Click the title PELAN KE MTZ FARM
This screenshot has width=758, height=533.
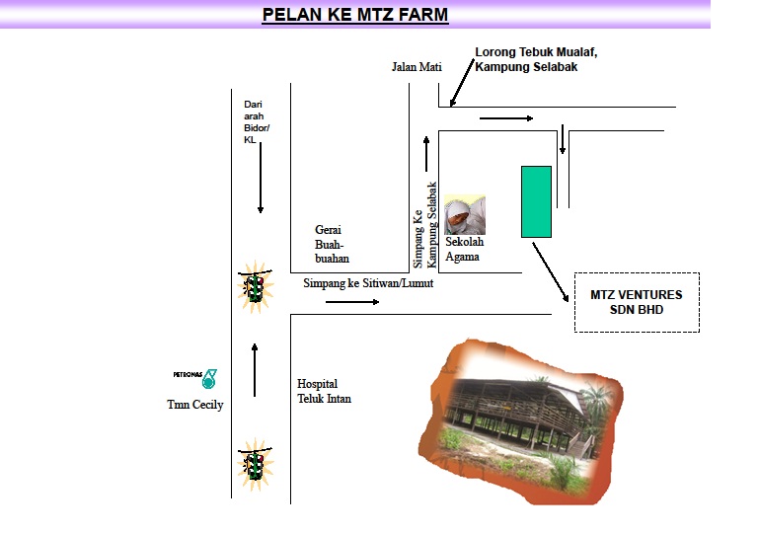coord(354,15)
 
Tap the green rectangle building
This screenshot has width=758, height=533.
coord(536,201)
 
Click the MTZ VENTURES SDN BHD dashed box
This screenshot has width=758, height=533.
coord(636,302)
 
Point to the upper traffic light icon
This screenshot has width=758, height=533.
coord(256,287)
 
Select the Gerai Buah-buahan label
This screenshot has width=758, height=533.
coord(332,242)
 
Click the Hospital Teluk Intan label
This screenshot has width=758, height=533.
coord(324,391)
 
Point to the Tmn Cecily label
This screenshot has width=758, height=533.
coord(194,405)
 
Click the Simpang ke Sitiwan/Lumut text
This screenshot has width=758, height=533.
coord(368,283)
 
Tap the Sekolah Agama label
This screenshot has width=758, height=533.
coord(464,249)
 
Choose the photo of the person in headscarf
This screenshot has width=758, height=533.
coord(464,214)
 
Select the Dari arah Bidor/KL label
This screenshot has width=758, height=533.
coord(255,121)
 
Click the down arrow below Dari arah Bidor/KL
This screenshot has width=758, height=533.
coord(261,184)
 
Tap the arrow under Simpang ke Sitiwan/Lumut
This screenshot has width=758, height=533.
coord(351,301)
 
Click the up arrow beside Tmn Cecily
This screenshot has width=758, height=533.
coord(255,368)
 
